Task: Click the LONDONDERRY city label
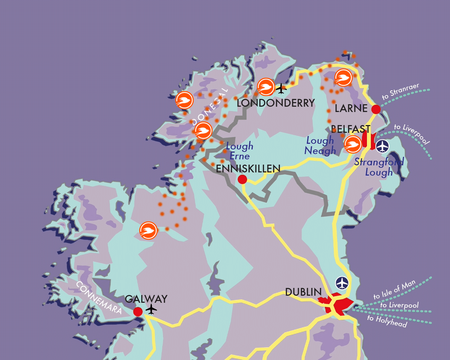tap(276, 103)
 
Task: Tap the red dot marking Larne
tap(376, 109)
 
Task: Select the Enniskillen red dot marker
tap(242, 179)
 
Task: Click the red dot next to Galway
tap(138, 312)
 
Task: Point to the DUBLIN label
tap(303, 292)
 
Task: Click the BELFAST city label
tap(351, 129)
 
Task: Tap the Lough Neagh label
tap(320, 146)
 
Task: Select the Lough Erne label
tap(240, 151)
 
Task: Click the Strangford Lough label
tap(379, 167)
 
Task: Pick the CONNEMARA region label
tap(99, 298)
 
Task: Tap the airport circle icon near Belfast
tap(382, 146)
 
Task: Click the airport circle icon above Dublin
tap(342, 283)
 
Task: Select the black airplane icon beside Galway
tap(151, 309)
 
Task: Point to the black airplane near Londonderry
tap(281, 89)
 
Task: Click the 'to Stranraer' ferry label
tap(401, 92)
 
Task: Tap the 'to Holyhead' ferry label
tap(387, 321)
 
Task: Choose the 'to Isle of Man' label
tap(395, 290)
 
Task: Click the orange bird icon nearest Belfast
tap(353, 144)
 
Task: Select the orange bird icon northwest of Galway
tap(148, 231)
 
